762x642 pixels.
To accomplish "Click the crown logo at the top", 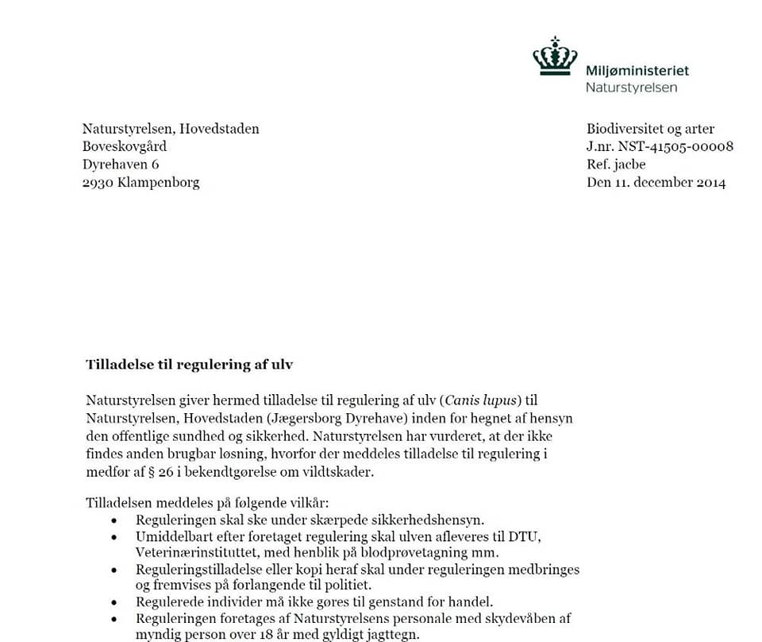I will [x=555, y=56].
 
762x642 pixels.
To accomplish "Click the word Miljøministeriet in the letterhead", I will [x=637, y=71].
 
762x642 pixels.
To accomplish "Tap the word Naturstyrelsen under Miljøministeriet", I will [x=631, y=87].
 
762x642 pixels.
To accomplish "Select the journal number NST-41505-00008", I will [x=675, y=146].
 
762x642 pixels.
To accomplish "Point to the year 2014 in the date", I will [x=711, y=182].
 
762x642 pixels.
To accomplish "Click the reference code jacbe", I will [x=629, y=164].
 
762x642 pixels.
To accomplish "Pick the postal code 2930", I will [x=98, y=182].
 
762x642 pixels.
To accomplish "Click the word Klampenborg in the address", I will [x=158, y=182].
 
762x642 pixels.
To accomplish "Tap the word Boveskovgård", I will [x=125, y=146].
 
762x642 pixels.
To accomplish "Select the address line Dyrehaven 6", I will [x=121, y=164].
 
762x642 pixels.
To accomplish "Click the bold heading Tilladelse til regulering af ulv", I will [x=189, y=365].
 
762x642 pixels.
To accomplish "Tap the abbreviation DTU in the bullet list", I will [x=524, y=536].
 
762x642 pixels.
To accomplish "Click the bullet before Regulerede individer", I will [x=114, y=602].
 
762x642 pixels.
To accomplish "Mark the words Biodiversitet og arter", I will [x=650, y=129].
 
